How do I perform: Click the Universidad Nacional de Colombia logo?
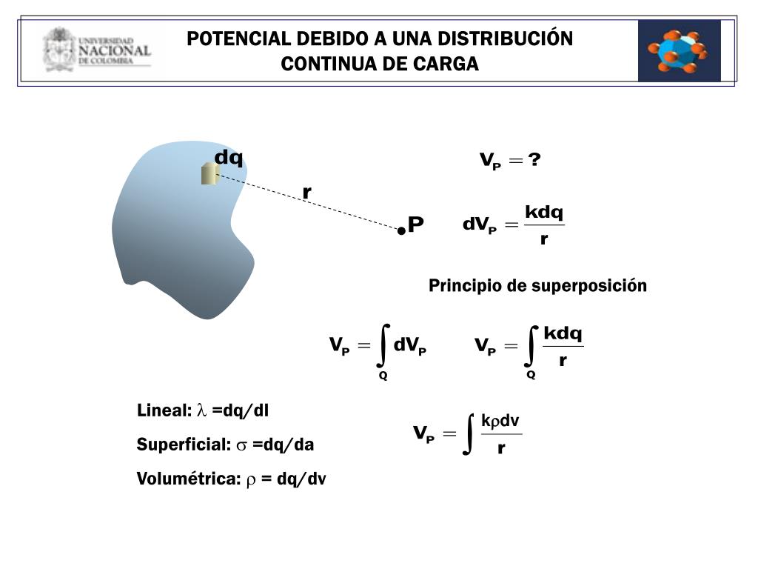pyautogui.click(x=96, y=50)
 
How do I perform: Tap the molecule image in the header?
pyautogui.click(x=679, y=50)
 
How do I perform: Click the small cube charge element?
pyautogui.click(x=209, y=173)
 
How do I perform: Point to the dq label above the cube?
pyautogui.click(x=229, y=157)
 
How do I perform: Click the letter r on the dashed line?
pyautogui.click(x=306, y=193)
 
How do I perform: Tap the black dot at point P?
pyautogui.click(x=401, y=230)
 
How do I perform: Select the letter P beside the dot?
pyautogui.click(x=416, y=224)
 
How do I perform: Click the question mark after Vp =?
pyautogui.click(x=535, y=160)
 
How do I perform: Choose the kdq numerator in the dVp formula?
pyautogui.click(x=544, y=213)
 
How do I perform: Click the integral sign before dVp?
pyautogui.click(x=383, y=345)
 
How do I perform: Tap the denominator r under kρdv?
pyautogui.click(x=501, y=448)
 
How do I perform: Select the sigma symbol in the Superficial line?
pyautogui.click(x=242, y=445)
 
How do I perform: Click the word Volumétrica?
pyautogui.click(x=189, y=479)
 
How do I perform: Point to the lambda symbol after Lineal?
pyautogui.click(x=202, y=410)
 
